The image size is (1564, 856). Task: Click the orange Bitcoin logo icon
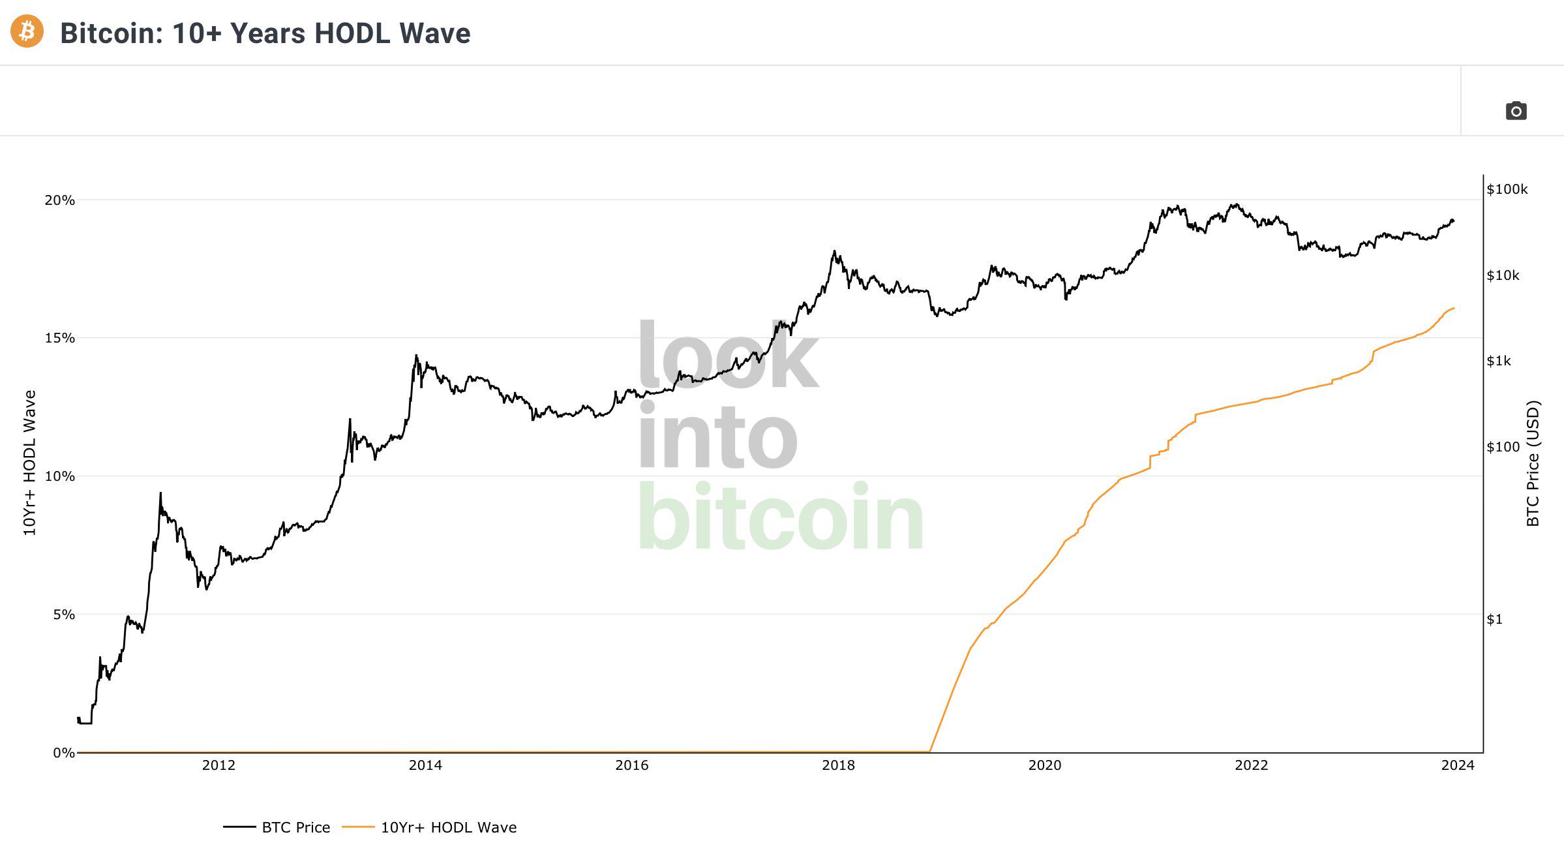click(x=27, y=31)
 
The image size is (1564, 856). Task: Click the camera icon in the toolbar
click(x=1516, y=111)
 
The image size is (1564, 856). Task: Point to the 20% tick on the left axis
click(x=59, y=200)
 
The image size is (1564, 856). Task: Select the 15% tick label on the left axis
click(x=59, y=338)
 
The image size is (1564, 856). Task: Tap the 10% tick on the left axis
click(x=59, y=476)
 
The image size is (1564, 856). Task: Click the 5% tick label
click(x=63, y=615)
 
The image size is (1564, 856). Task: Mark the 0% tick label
click(x=63, y=753)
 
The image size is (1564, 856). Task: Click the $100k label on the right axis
click(x=1507, y=189)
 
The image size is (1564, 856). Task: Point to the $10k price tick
click(x=1503, y=275)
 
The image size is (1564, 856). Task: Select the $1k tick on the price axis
click(x=1499, y=361)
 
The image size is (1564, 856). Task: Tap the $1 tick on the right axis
click(x=1494, y=619)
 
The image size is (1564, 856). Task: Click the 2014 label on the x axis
click(x=425, y=765)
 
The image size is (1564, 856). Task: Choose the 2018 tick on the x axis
click(x=838, y=765)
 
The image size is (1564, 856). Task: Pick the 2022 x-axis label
click(x=1251, y=765)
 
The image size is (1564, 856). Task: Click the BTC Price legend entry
click(x=295, y=827)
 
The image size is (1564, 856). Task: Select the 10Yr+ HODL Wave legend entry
click(x=448, y=827)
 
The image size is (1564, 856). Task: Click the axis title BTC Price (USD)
click(x=1533, y=463)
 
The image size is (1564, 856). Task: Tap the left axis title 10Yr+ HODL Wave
click(x=29, y=463)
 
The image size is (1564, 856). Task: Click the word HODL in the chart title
click(x=352, y=33)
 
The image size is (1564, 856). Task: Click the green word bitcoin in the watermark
click(x=780, y=517)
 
